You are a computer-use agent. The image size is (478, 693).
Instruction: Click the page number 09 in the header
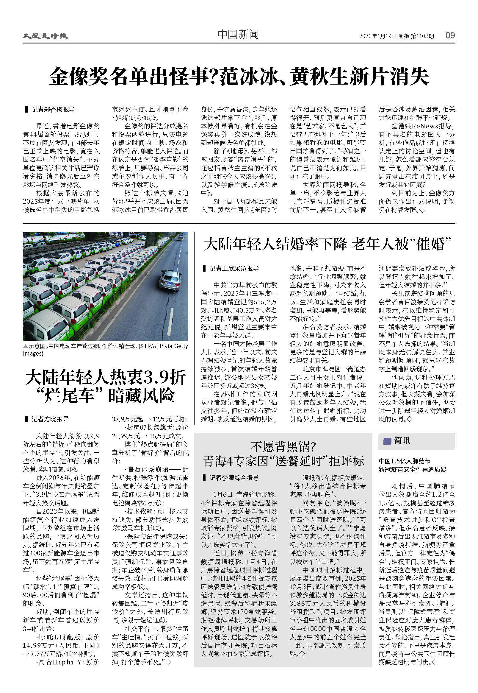click(x=450, y=35)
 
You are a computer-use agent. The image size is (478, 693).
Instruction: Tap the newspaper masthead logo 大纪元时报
click(x=45, y=36)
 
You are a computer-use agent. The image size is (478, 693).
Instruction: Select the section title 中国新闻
click(x=238, y=35)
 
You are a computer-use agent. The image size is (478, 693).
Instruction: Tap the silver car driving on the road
click(x=170, y=280)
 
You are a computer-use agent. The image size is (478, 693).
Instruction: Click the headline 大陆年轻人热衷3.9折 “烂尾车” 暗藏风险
click(x=105, y=386)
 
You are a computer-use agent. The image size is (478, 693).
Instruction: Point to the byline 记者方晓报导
click(x=50, y=419)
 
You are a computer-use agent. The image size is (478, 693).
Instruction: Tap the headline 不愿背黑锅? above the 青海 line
click(x=283, y=447)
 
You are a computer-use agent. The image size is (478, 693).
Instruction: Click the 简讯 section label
click(x=402, y=440)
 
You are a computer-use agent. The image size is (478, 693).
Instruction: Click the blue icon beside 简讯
click(x=387, y=441)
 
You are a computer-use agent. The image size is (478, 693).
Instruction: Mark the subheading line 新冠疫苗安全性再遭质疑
click(x=412, y=469)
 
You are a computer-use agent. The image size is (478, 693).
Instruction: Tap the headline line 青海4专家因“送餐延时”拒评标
click(x=283, y=461)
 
